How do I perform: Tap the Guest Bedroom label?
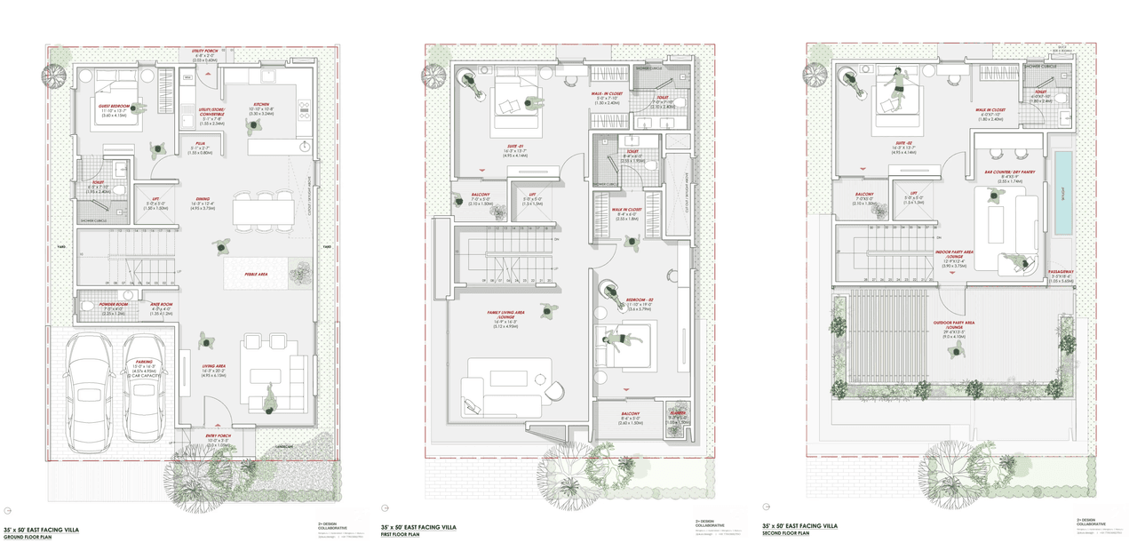(114, 106)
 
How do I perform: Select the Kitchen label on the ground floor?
(261, 104)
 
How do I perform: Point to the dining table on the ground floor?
(263, 210)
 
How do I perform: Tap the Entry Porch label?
(218, 438)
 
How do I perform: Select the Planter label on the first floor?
(677, 412)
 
